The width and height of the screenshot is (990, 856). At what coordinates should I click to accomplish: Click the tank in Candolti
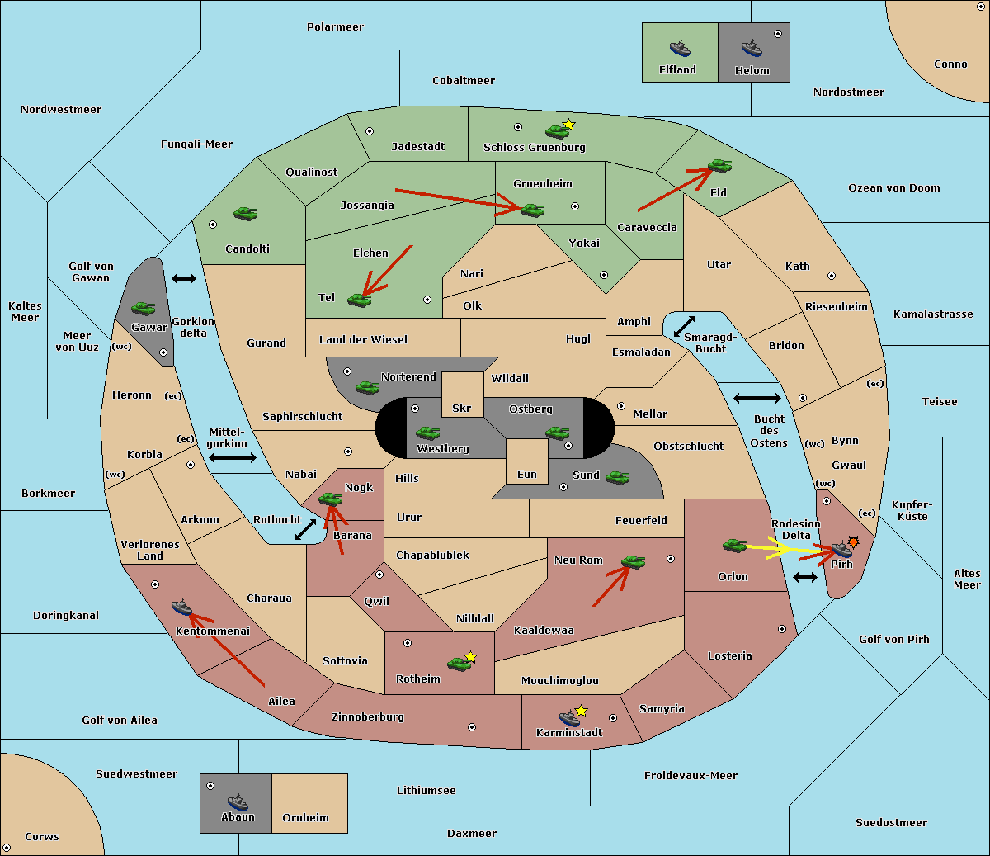(x=246, y=213)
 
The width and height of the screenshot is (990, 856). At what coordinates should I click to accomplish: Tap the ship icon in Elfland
(x=680, y=49)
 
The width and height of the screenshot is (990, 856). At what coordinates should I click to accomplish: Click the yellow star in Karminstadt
(x=581, y=711)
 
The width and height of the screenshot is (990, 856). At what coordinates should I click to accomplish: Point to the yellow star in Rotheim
(x=471, y=657)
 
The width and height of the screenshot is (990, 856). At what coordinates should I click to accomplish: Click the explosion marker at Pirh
(x=854, y=542)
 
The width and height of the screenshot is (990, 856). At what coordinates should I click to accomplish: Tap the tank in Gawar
(x=144, y=308)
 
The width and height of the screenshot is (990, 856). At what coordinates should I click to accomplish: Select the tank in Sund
(x=617, y=477)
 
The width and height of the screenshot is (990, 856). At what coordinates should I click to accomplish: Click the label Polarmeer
(x=335, y=27)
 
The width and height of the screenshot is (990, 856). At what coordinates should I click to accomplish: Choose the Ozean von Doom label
(x=894, y=188)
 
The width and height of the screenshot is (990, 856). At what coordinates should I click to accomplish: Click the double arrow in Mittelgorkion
(x=233, y=457)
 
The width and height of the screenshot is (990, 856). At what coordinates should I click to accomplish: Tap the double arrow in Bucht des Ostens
(x=757, y=398)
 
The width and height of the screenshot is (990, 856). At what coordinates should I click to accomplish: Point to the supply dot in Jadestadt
(x=370, y=131)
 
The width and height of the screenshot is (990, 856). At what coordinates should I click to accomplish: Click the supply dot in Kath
(x=832, y=276)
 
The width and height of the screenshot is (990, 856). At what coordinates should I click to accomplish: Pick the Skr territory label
(x=462, y=408)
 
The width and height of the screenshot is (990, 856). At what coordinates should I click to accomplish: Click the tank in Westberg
(x=427, y=433)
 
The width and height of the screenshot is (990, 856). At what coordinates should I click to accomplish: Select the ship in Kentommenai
(x=182, y=607)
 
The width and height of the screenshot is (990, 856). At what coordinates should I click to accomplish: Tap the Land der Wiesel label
(x=363, y=340)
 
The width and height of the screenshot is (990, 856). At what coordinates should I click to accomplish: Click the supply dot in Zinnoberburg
(x=472, y=727)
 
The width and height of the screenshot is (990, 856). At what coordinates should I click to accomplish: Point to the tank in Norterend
(x=367, y=387)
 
